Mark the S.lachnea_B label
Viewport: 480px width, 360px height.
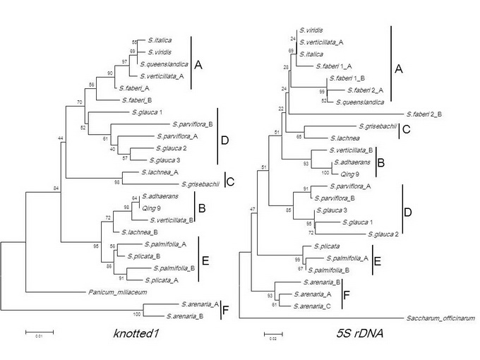click(x=137, y=232)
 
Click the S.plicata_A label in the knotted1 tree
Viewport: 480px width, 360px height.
click(x=165, y=279)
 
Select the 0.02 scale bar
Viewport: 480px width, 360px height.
click(x=273, y=332)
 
